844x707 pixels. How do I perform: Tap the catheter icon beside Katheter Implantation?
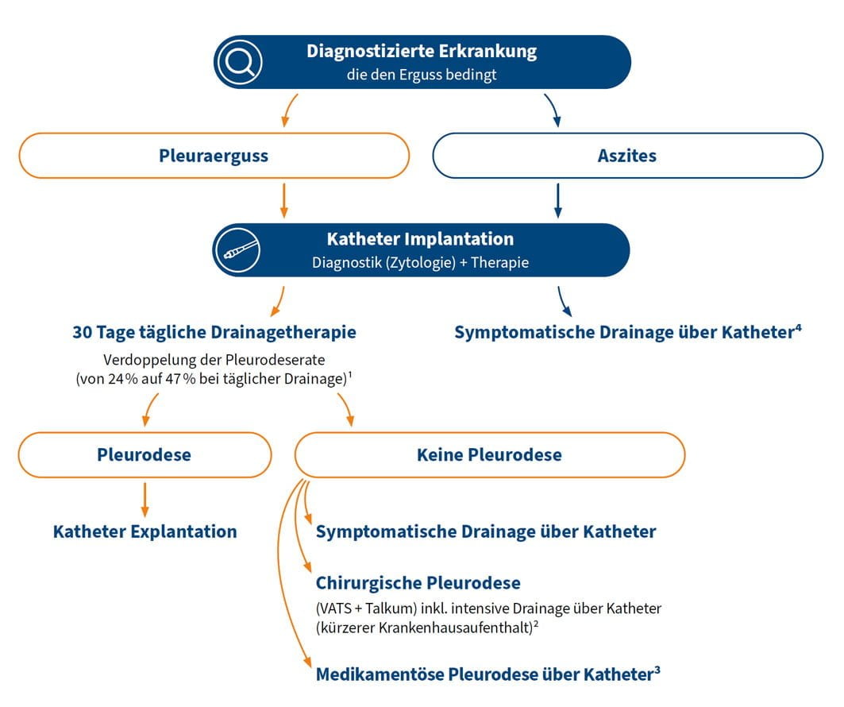tap(237, 249)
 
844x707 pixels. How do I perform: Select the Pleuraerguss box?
tap(214, 155)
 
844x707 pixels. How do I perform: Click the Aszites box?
tap(627, 155)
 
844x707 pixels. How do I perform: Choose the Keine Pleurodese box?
tap(489, 455)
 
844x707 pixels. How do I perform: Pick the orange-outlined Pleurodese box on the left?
tap(144, 455)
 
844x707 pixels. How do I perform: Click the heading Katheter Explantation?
tap(145, 531)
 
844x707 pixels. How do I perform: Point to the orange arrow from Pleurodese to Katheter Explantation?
tap(145, 498)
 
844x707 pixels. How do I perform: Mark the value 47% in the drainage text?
tap(222, 379)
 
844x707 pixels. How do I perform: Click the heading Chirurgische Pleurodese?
tap(418, 583)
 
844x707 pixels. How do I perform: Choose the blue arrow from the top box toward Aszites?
tap(553, 110)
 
